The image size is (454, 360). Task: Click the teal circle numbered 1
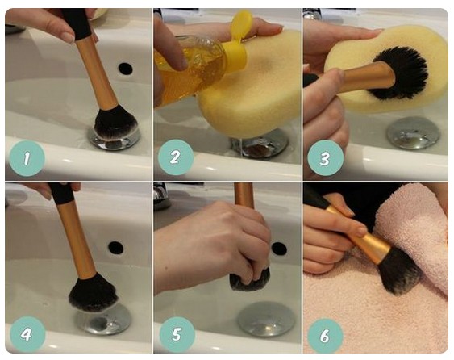[x=27, y=158]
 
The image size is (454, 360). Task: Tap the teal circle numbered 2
[x=176, y=157]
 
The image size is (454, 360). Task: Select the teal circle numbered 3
[x=326, y=158]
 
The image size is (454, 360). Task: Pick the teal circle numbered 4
[x=27, y=334]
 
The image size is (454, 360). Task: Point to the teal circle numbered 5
[x=177, y=334]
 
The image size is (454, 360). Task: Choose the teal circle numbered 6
[x=325, y=336]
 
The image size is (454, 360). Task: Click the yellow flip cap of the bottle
[x=236, y=40]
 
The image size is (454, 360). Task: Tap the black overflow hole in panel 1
[x=125, y=69]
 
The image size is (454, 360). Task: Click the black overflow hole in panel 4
[x=116, y=248]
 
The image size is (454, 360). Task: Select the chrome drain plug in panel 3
[x=414, y=133]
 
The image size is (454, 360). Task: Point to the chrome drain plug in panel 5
[x=266, y=319]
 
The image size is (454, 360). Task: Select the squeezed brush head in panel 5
[x=250, y=279]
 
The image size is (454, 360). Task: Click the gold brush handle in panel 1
[x=98, y=73]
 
